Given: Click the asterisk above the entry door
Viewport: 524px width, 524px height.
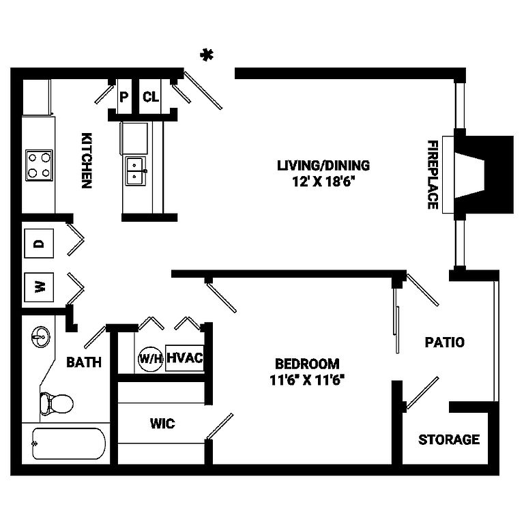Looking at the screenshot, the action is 207,55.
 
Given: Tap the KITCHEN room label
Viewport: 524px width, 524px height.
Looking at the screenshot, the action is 87,160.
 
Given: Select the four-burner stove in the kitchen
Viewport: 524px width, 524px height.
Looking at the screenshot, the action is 39,165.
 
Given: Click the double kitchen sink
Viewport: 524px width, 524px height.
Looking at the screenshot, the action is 136,171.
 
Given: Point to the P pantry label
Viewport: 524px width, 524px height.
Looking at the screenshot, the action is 123,98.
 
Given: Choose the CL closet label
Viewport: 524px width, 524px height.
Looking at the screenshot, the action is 151,97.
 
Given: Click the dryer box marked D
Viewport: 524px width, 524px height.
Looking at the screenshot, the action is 39,244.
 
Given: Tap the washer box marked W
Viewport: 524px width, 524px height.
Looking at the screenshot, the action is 39,287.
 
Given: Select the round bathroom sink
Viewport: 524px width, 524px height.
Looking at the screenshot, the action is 41,337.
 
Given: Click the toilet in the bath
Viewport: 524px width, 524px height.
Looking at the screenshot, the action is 57,403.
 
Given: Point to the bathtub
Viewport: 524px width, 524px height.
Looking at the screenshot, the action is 69,443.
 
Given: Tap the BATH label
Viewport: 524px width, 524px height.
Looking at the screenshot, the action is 84,362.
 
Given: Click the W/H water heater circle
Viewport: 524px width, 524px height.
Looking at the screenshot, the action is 150,359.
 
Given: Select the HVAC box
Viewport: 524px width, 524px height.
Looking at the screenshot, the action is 185,358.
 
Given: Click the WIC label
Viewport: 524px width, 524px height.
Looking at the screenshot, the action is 162,424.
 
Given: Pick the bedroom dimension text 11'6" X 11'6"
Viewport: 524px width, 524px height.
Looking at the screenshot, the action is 307,380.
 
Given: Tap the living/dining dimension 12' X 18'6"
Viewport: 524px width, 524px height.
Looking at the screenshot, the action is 323,181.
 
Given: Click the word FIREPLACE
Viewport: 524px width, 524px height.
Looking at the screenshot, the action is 433,175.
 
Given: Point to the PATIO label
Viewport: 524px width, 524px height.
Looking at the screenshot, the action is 444,343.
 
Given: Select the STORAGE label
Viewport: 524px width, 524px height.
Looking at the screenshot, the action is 449,439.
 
